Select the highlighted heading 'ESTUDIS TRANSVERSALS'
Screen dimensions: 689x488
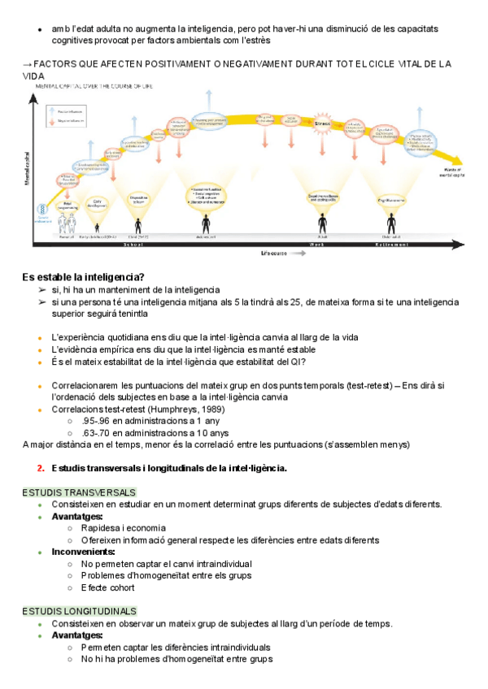pyautogui.click(x=79, y=492)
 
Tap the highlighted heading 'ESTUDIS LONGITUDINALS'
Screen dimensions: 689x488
pyautogui.click(x=80, y=611)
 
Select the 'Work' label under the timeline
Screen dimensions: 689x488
pyautogui.click(x=316, y=243)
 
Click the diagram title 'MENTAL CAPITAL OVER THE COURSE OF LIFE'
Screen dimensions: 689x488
pyautogui.click(x=94, y=85)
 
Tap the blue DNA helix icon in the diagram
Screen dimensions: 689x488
pyautogui.click(x=38, y=209)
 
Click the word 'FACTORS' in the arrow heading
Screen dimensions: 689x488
pyautogui.click(x=59, y=63)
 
